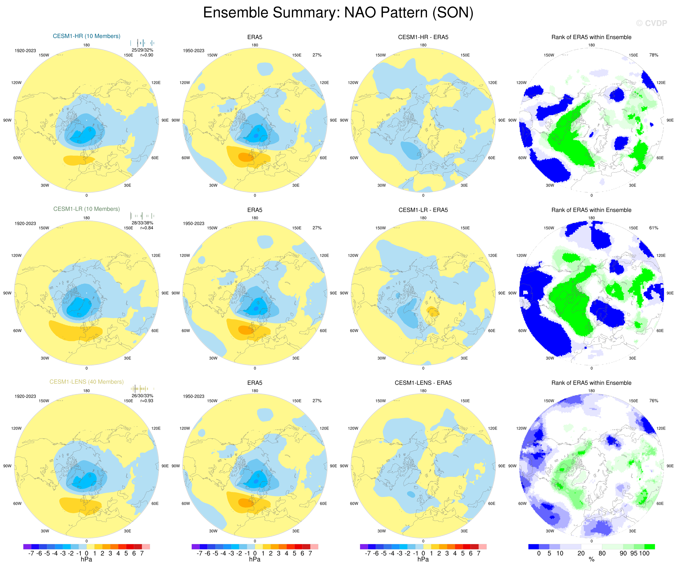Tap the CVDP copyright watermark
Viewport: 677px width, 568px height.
coord(651,23)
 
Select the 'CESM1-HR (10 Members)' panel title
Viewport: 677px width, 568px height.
coord(86,36)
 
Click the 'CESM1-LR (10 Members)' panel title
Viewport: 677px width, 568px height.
coord(86,209)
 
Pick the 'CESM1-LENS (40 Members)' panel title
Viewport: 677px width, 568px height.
coord(86,382)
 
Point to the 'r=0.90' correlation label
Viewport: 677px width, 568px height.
coord(147,55)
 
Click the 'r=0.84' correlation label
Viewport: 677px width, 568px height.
coord(147,228)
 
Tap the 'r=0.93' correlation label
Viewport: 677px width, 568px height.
coord(147,401)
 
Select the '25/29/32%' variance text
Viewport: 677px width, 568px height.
coord(142,50)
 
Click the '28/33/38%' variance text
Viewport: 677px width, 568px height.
coord(142,223)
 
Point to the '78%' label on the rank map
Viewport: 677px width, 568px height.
coord(653,55)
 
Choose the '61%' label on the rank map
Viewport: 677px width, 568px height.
coord(653,228)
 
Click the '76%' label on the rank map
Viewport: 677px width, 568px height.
coord(653,401)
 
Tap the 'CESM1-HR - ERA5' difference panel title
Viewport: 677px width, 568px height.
coord(423,37)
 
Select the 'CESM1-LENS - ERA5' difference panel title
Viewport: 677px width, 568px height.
coord(423,383)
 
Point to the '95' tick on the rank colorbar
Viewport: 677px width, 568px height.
coord(634,553)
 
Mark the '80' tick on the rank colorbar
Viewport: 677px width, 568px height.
coord(602,553)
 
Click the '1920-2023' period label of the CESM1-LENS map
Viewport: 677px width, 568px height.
coord(25,396)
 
